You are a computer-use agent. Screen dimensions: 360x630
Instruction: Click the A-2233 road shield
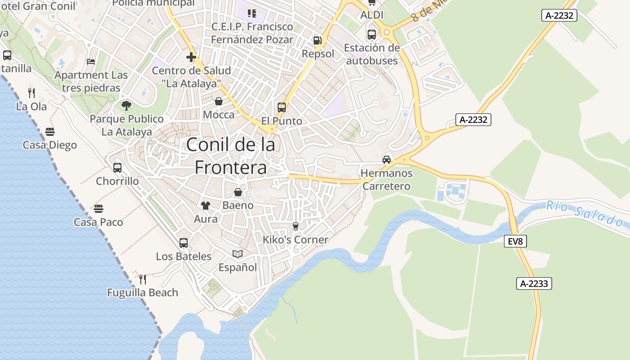[534, 283]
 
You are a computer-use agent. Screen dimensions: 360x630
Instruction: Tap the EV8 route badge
[515, 241]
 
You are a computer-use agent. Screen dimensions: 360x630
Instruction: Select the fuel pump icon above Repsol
[317, 40]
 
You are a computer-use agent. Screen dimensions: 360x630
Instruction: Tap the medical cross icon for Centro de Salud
[191, 57]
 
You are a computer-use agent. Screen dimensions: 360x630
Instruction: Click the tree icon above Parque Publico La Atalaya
[126, 106]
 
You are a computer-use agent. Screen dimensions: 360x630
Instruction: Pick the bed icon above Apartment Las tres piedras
[91, 61]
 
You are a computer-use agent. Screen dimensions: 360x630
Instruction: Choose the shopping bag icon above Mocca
[218, 101]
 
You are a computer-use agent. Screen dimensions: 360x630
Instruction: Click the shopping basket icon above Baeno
[238, 192]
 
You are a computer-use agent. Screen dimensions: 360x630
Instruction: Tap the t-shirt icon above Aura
[206, 206]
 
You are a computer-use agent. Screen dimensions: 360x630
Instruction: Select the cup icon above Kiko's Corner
[296, 226]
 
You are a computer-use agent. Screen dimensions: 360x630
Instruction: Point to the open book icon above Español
[238, 254]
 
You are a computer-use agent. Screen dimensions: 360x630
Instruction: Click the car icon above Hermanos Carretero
[386, 159]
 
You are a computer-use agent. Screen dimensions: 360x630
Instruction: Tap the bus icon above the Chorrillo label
[117, 167]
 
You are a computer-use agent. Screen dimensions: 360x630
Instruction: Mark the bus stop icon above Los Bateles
[183, 243]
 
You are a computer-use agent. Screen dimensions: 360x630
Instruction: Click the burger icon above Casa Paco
[99, 209]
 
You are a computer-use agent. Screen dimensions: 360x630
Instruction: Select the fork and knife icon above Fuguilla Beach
[143, 279]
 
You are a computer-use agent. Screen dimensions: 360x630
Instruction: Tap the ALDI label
[372, 15]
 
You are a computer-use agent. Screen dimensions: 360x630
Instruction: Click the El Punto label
[282, 121]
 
